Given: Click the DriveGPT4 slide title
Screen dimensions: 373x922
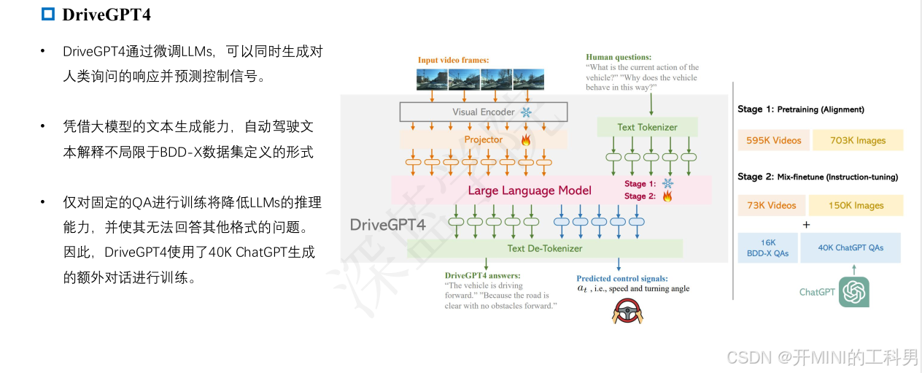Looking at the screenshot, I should [x=106, y=14].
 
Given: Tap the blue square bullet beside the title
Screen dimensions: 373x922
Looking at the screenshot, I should [x=48, y=14].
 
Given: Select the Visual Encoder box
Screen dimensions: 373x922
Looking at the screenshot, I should [x=483, y=112].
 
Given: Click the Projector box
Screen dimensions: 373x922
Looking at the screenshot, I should [x=483, y=139].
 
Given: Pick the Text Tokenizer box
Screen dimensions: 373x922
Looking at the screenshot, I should [x=647, y=127].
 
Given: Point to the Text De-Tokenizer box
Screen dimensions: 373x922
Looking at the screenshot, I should [x=544, y=248].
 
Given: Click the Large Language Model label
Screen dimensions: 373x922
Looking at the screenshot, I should [x=530, y=191].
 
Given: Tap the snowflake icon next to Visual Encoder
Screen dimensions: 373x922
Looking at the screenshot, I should [x=524, y=112].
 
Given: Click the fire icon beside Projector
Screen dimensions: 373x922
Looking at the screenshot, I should [x=524, y=139].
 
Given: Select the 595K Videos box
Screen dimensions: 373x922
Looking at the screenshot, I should [x=773, y=140].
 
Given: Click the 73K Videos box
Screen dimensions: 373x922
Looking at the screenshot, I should [x=772, y=205].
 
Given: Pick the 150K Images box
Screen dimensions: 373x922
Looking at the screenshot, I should [x=856, y=205].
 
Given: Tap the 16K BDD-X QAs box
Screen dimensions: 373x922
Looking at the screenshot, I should [x=767, y=247].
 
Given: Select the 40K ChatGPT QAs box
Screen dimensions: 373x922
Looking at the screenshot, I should [x=851, y=247].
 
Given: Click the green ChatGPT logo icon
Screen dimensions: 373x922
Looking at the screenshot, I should [x=854, y=292].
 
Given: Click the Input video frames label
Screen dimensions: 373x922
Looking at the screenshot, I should [x=453, y=60].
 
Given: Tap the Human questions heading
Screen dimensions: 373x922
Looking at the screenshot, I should [x=619, y=57].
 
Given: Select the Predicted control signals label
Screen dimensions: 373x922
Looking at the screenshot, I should [x=621, y=278].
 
